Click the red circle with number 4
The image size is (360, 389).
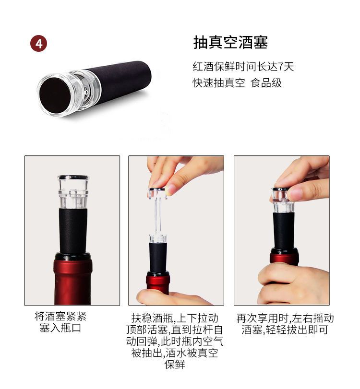tap(38, 44)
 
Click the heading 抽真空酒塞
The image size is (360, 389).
tap(231, 42)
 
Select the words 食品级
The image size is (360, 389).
tap(266, 83)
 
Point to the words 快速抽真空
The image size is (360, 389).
tap(219, 83)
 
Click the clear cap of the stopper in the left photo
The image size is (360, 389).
tap(73, 191)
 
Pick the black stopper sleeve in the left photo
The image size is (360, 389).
tap(73, 231)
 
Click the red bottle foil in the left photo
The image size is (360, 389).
tap(72, 280)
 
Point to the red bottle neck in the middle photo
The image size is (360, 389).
tap(158, 283)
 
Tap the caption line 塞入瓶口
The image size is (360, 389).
tap(60, 328)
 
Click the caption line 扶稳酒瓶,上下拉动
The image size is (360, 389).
tap(175, 318)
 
